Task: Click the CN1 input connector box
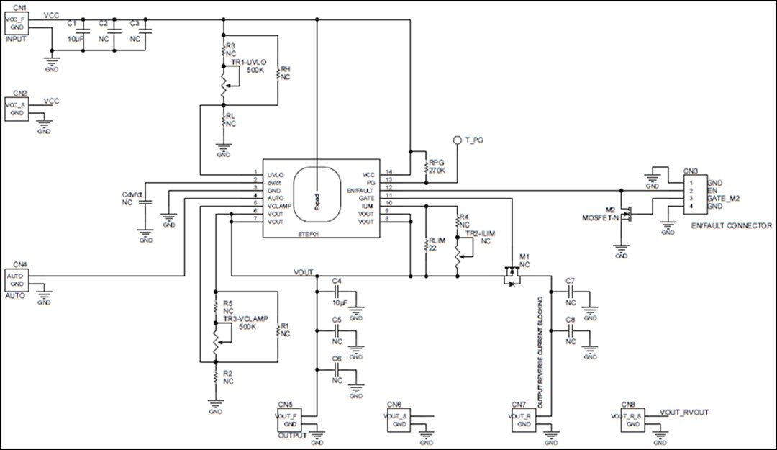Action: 16,22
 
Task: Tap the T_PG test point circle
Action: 456,140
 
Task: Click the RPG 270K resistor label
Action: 437,167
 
